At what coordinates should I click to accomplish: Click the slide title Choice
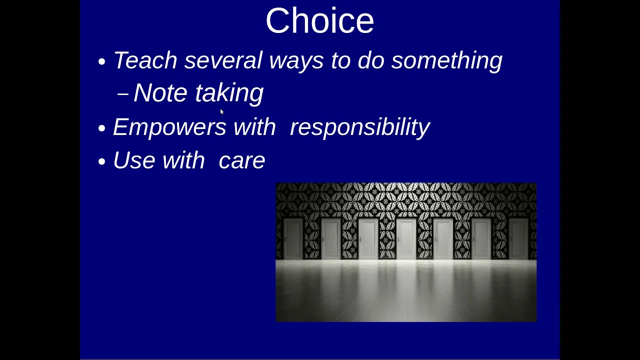319,20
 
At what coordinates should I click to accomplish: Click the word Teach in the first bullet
145,60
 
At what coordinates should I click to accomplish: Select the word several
223,60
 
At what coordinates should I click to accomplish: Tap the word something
446,61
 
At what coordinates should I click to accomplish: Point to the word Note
160,92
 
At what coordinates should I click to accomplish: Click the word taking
229,93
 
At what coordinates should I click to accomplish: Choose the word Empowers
169,127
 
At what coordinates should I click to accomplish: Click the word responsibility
360,127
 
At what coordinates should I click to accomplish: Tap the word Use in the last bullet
134,160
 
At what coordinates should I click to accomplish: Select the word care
241,161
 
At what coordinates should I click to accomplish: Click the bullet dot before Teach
101,61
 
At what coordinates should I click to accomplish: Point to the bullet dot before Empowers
101,128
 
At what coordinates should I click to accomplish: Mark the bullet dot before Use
101,161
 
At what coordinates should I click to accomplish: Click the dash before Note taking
123,93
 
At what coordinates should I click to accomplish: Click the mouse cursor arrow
221,111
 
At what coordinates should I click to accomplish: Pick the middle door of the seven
406,239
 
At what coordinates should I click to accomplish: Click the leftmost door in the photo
293,239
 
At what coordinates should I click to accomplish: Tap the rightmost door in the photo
518,239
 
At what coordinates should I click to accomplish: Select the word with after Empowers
254,126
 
